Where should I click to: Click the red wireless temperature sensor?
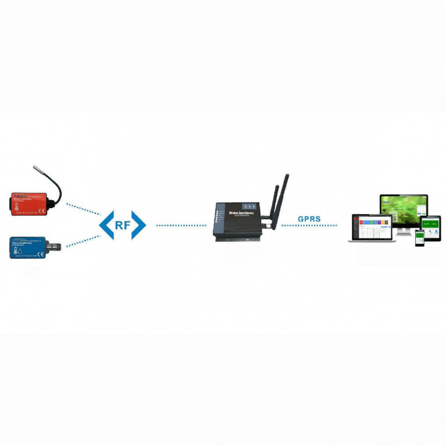coord(30,205)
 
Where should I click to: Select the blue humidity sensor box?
coord(27,248)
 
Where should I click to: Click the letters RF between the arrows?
coord(122,225)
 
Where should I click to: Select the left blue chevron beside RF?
coord(106,225)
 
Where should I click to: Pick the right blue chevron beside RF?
coord(138,225)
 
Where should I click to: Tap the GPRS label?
coord(309,219)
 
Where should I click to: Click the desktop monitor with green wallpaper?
coord(404,209)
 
